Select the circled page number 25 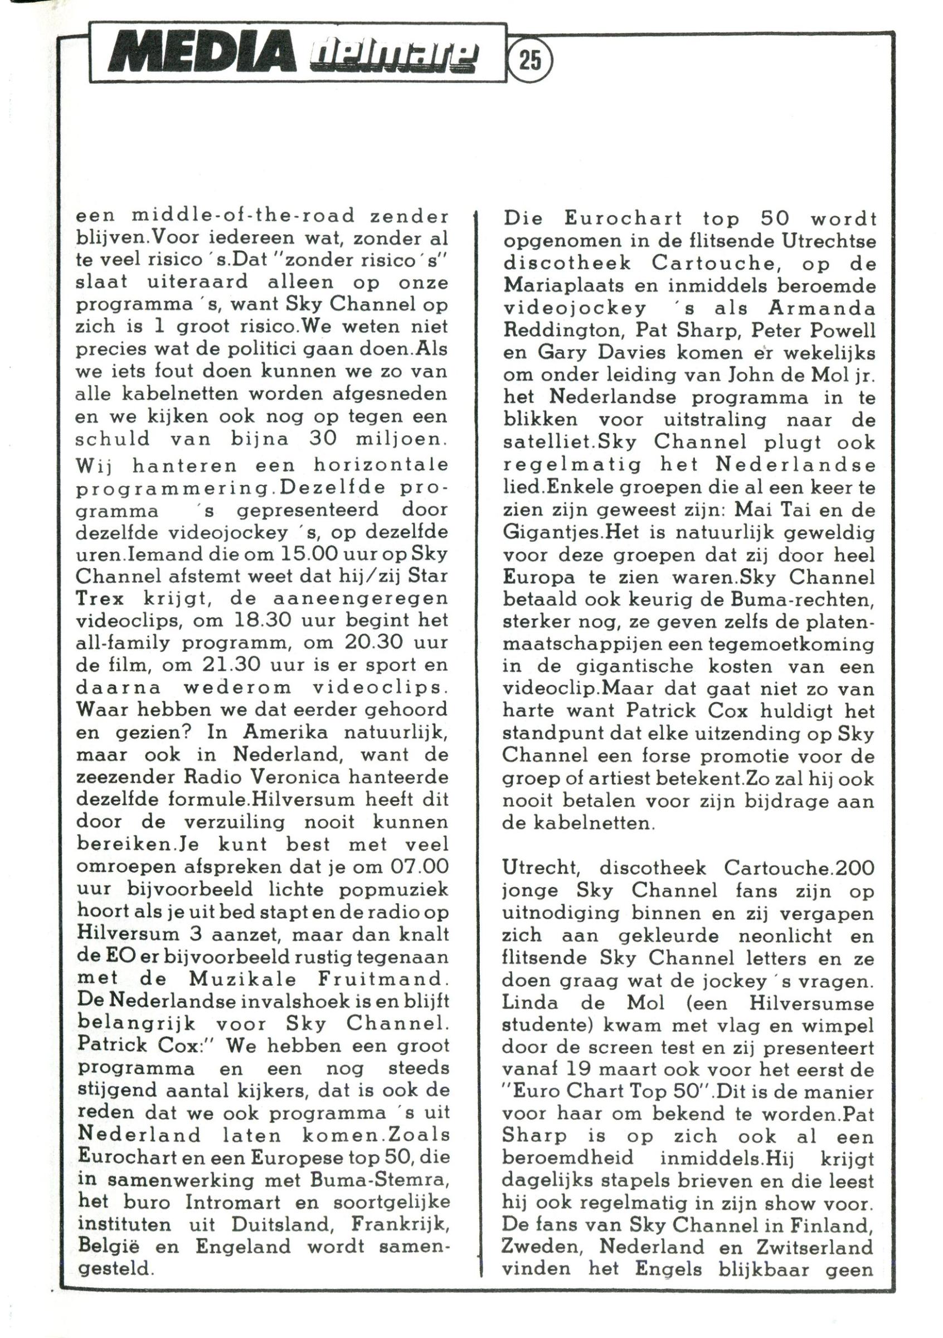pyautogui.click(x=531, y=61)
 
